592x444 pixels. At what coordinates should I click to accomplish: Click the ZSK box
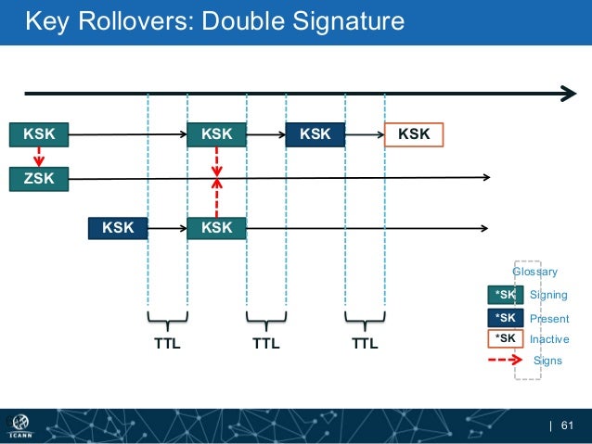coord(39,178)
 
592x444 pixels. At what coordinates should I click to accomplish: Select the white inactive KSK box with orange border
coord(413,134)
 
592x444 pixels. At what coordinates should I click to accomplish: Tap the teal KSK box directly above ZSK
coord(39,134)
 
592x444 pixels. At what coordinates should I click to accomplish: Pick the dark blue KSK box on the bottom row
coord(118,227)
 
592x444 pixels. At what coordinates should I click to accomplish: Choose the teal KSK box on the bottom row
coord(216,227)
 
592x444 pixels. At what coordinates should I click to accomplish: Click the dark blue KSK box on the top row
coord(315,134)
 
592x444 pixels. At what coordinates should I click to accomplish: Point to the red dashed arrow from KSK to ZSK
coord(39,156)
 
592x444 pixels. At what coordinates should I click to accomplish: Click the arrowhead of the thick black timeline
coord(566,93)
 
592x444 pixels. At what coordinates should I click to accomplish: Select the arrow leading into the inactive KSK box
coord(365,134)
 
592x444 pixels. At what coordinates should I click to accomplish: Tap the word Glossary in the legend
coord(535,272)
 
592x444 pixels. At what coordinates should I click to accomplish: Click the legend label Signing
coord(547,295)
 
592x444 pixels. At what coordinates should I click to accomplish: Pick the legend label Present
coord(548,318)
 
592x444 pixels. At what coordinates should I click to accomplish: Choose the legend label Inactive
coord(549,339)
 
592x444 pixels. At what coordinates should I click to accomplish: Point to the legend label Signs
coord(547,361)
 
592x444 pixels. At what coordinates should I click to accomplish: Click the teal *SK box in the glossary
coord(505,295)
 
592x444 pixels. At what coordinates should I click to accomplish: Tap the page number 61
coord(569,425)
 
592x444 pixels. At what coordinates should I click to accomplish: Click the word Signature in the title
coord(343,20)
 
